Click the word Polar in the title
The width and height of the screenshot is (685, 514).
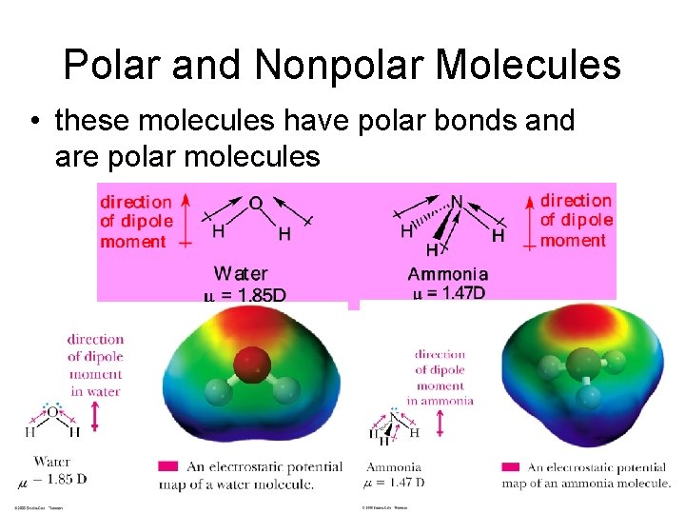click(x=107, y=65)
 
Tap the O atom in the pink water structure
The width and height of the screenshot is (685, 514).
click(x=255, y=203)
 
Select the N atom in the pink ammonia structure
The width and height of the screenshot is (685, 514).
click(x=457, y=202)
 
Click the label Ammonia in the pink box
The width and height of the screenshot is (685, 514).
click(x=447, y=274)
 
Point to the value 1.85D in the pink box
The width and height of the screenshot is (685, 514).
click(x=257, y=294)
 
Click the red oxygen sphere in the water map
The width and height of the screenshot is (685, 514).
click(x=250, y=362)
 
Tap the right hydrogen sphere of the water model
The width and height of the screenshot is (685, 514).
click(x=284, y=390)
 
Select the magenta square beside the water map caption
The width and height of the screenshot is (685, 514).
click(x=167, y=466)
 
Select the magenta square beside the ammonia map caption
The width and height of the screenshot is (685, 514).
click(x=510, y=466)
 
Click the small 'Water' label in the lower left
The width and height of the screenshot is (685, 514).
click(x=51, y=461)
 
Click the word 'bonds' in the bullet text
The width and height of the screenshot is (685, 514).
click(x=460, y=121)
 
